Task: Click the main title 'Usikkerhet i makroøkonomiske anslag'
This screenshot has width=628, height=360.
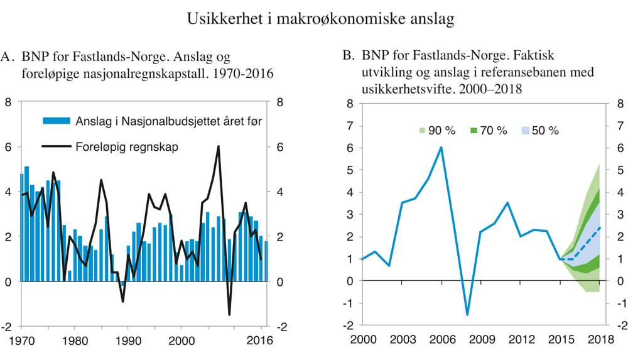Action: point(320,19)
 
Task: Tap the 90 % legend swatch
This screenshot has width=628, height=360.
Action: point(423,131)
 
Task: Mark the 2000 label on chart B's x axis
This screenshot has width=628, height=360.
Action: point(363,341)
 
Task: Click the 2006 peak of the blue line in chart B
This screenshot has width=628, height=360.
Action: point(441,147)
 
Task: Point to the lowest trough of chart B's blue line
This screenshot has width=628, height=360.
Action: point(467,314)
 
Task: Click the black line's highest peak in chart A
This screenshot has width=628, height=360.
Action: point(218,146)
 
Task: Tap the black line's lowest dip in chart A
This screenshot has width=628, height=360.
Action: point(229,315)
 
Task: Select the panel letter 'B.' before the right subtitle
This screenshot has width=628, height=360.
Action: point(349,58)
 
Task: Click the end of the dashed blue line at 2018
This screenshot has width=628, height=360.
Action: point(598,227)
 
